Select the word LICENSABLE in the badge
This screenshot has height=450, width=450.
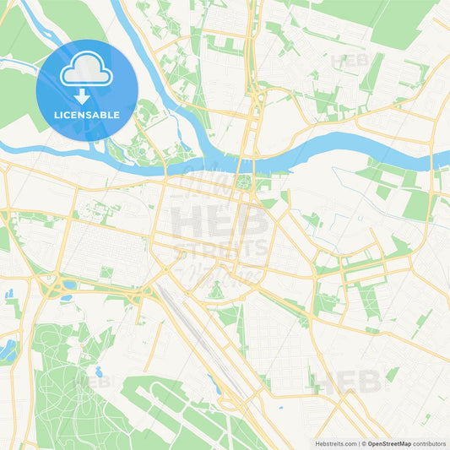tap(87, 115)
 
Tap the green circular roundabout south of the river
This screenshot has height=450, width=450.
tap(245, 182)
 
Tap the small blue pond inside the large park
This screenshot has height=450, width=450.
tap(99, 371)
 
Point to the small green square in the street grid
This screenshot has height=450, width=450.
tap(106, 273)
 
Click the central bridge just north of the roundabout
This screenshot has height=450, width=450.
tap(246, 163)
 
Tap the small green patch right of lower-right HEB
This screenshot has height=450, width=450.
tap(392, 372)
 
